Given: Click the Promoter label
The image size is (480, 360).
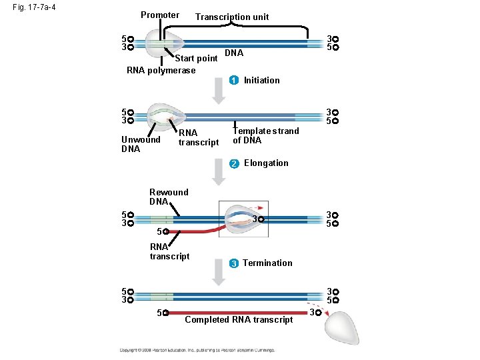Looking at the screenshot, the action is pos(160,15).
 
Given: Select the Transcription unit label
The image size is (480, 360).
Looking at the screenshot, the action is pos(232,17).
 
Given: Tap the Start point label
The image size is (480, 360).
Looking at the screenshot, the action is pos(196,59).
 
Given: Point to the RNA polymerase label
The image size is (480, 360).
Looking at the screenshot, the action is pos(161,71).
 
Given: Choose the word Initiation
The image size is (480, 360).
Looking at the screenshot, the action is pos(262,81).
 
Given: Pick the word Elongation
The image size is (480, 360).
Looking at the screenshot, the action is pos(266,163).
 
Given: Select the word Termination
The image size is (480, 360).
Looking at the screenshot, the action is pos(267,263).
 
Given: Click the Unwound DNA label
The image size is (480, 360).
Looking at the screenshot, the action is pos(141,144).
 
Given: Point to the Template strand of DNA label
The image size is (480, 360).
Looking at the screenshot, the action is pos(265,135).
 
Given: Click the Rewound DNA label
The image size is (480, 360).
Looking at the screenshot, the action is pos(168,197).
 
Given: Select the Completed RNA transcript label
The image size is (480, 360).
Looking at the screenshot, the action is pos(239,320).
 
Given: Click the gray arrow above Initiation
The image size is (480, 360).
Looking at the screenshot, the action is pos(219,89).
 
